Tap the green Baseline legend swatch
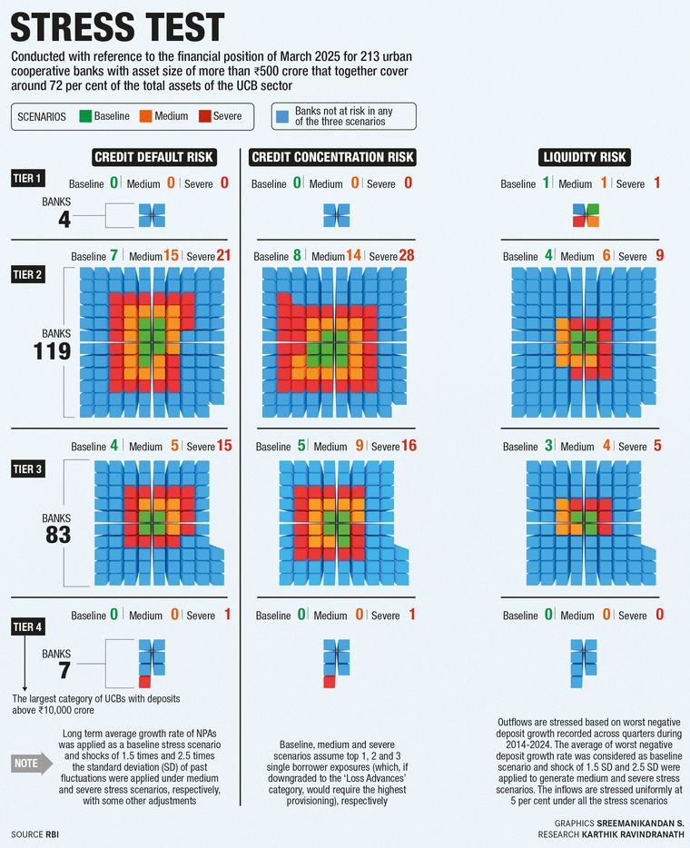[x=85, y=116]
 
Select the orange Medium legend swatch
[x=146, y=116]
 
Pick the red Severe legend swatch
[x=204, y=116]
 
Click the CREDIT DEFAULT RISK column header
[x=154, y=157]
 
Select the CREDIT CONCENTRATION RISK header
[x=332, y=157]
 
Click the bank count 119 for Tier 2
[x=52, y=351]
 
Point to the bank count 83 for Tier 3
[x=57, y=535]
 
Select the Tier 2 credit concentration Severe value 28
[x=406, y=255]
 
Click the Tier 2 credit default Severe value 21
[x=223, y=255]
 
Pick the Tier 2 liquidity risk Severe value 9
[x=659, y=255]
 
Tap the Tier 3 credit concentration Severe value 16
[x=409, y=446]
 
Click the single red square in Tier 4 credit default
[x=144, y=681]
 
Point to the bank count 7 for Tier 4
[x=64, y=670]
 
